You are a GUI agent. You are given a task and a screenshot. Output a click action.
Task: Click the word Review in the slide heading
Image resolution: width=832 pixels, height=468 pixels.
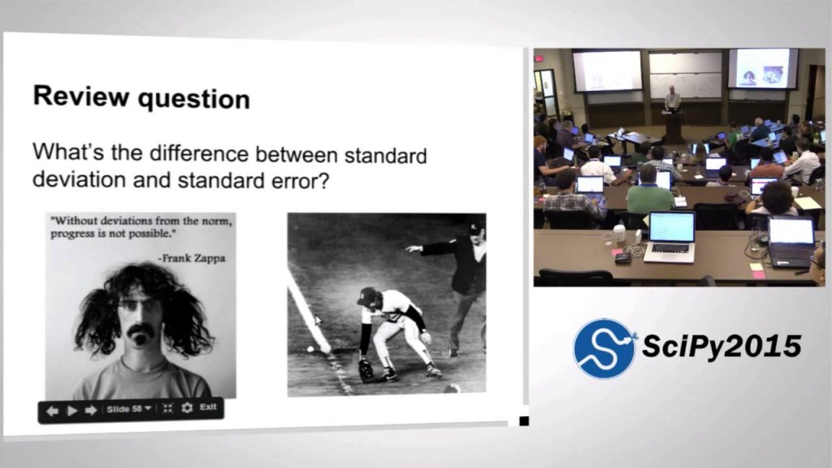[80, 96]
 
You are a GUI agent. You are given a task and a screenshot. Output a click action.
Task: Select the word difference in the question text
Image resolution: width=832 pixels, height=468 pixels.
[199, 154]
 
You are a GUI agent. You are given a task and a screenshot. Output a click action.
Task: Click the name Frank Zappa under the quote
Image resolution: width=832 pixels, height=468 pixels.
[192, 258]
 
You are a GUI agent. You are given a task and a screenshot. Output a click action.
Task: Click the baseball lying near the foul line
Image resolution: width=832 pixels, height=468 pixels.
[310, 349]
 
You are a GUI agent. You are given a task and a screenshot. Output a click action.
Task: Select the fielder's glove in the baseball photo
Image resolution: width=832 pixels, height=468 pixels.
[366, 370]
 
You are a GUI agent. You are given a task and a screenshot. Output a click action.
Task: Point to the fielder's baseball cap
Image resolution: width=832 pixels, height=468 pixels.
[367, 297]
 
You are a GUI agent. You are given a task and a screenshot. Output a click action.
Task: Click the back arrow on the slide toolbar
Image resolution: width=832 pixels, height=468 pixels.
[52, 410]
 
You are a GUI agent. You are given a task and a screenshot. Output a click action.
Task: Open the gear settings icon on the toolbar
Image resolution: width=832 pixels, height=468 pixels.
[187, 408]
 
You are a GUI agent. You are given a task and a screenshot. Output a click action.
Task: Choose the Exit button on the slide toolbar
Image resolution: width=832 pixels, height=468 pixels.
[208, 407]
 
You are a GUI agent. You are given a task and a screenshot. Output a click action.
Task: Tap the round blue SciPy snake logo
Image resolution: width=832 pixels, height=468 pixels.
[604, 349]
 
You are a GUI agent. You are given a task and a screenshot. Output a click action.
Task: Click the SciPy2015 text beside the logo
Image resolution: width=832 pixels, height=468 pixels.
[721, 346]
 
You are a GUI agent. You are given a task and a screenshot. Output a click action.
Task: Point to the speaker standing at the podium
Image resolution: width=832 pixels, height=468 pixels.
[672, 100]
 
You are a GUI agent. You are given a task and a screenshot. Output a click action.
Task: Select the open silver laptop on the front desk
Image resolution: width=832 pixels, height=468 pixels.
[670, 236]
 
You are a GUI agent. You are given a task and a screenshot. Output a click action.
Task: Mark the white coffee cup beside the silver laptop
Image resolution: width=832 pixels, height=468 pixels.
[619, 233]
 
